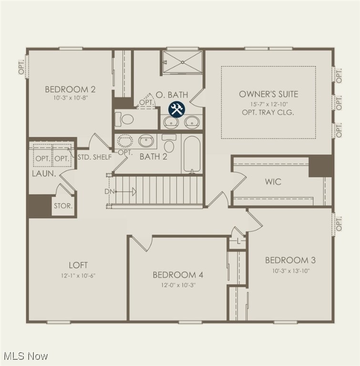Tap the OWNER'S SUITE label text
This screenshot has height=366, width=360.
point(268,94)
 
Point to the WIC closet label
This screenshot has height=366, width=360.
point(273,182)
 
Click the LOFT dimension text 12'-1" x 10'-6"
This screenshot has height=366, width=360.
point(78,275)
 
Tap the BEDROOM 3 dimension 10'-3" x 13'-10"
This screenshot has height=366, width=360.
point(290,270)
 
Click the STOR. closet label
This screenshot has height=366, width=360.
point(63,206)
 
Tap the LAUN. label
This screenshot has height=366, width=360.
point(44,174)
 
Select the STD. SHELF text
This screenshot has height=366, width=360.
point(94,157)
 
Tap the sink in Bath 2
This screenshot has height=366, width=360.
point(146,141)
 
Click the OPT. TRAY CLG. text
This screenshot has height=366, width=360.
point(268,112)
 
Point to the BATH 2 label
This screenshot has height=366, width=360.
point(153,156)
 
